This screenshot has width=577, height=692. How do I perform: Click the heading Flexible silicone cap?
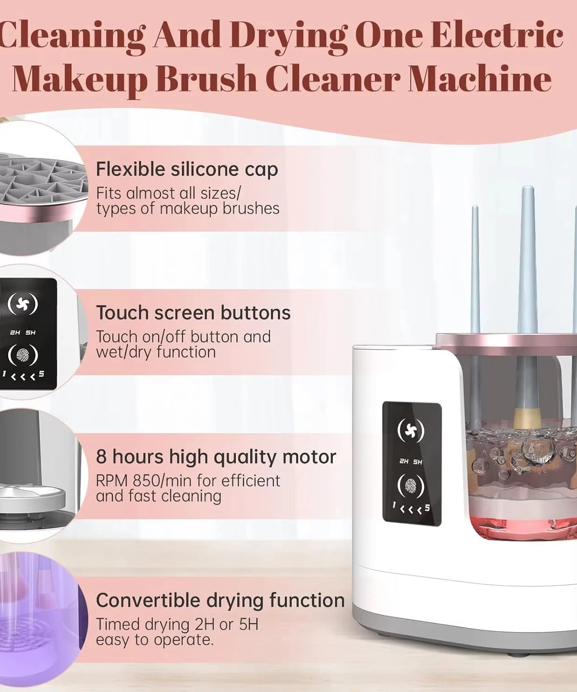[x=187, y=169]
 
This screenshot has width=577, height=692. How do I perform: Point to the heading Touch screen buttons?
[x=193, y=313]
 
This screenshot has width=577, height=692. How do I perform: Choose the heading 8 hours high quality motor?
[x=216, y=457]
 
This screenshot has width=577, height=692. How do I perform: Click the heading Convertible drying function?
[x=220, y=601]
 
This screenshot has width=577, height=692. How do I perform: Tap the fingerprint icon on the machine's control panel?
[x=411, y=485]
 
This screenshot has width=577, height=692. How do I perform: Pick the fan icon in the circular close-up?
[x=23, y=304]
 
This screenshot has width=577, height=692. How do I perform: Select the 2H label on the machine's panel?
[x=404, y=461]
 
